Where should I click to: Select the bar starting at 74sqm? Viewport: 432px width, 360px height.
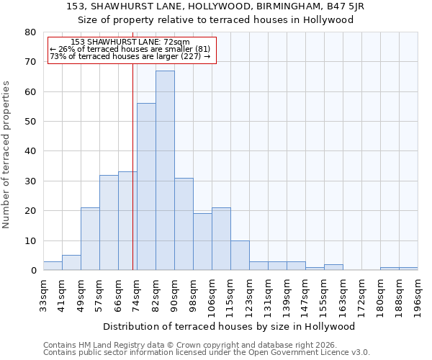146,186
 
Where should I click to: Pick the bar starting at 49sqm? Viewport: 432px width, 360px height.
90,239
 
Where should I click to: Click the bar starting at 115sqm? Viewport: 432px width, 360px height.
240,256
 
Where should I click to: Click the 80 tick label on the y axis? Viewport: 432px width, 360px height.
30,32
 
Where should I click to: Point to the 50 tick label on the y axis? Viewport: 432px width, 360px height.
30,122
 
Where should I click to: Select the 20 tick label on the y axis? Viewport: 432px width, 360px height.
30,211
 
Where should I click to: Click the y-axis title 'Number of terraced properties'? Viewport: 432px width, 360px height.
7,154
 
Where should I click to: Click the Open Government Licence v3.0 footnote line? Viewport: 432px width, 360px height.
207,353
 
